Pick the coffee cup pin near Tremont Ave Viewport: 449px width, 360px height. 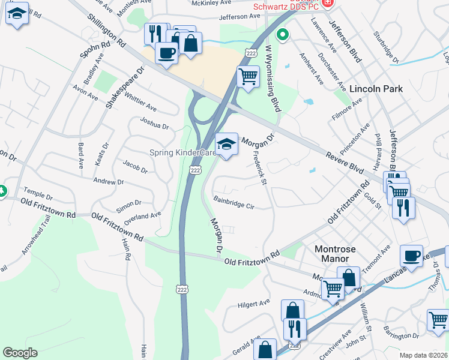coord(411,256)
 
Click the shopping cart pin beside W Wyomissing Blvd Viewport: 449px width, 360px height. coord(248,77)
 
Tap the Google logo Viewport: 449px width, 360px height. coord(20,353)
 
